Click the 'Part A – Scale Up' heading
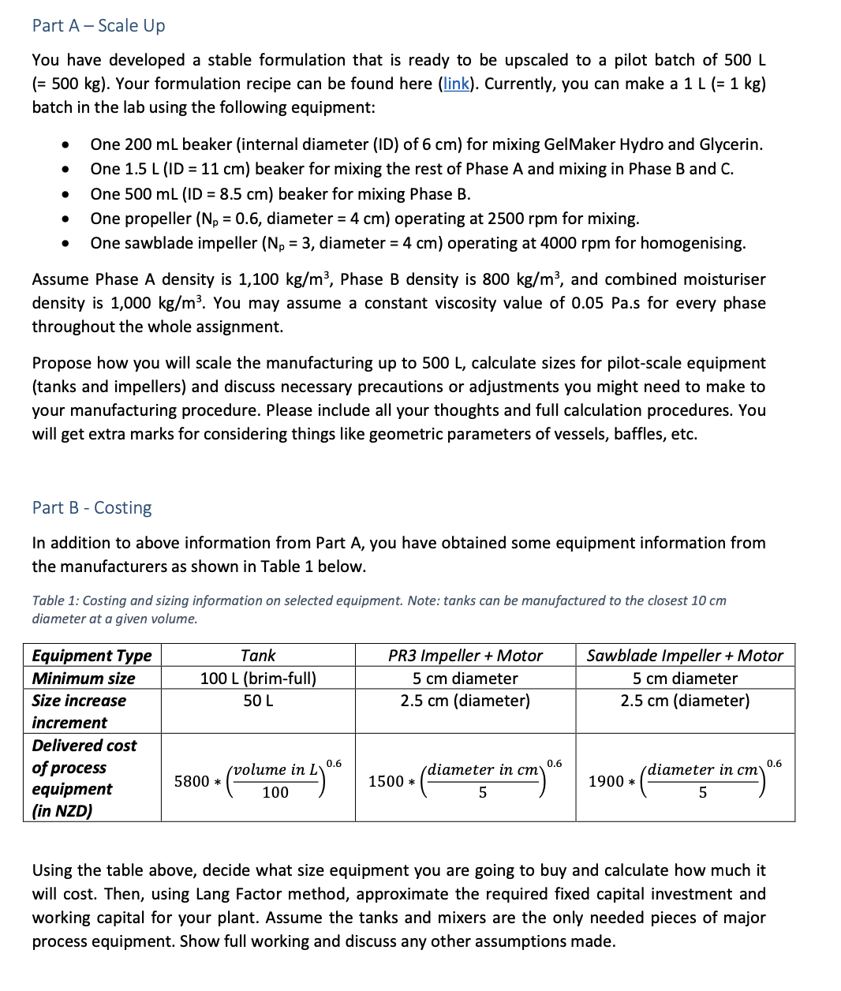point(99,25)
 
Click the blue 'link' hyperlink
point(455,84)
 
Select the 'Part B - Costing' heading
point(92,507)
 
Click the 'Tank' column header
point(258,656)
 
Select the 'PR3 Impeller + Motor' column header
point(465,656)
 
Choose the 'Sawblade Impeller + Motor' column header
point(685,656)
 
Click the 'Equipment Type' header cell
point(92,656)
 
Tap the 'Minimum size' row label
point(84,679)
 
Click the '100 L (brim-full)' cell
point(258,679)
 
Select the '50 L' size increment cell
point(258,701)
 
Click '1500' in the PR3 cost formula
point(386,781)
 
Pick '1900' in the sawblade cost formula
point(606,781)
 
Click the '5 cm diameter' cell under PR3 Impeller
point(465,679)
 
